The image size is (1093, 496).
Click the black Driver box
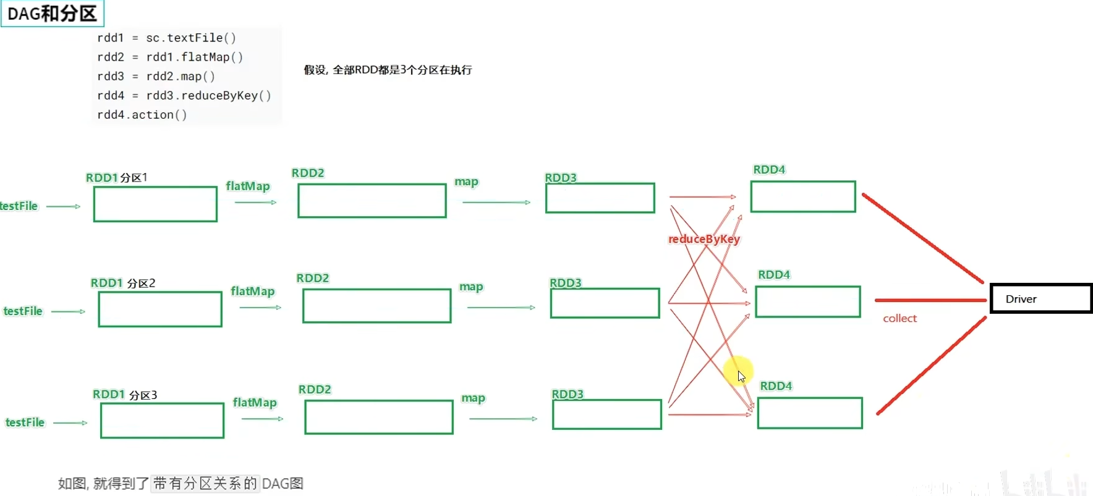point(1040,299)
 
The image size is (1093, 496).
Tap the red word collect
point(899,318)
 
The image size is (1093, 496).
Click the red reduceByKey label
point(704,239)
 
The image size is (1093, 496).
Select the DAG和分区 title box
point(53,13)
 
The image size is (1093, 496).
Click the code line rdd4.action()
point(142,115)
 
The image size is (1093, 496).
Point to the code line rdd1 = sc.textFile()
point(166,38)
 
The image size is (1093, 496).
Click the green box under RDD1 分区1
point(155,204)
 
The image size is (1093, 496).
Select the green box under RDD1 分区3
point(162,421)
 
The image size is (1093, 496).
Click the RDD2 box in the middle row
point(376,306)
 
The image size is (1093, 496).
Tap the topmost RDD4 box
point(803,196)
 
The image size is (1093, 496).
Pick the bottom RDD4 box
point(810,413)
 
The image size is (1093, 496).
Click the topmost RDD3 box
point(600,198)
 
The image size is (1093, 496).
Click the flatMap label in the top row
point(248,186)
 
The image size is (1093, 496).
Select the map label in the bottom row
point(473,398)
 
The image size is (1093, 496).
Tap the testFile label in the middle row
point(23,311)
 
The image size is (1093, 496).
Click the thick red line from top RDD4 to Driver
point(922,238)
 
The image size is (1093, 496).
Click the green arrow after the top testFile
point(63,206)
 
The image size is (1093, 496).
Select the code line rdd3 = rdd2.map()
point(156,77)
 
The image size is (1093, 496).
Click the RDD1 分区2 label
point(123,283)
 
